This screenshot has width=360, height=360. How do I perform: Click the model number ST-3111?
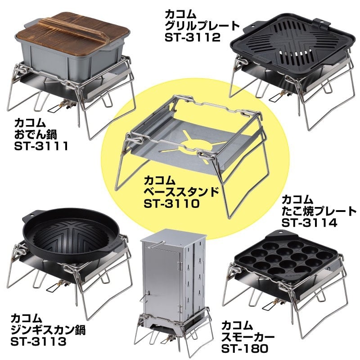coord(41,146)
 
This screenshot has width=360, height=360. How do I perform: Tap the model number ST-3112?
coord(193,37)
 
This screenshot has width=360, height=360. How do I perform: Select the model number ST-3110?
coord(172,203)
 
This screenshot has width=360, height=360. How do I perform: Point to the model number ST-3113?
coord(38,342)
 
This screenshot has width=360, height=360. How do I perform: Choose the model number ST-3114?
coord(309,222)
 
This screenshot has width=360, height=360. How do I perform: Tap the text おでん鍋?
coord(36,134)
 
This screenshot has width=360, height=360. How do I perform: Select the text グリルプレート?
coord(202,26)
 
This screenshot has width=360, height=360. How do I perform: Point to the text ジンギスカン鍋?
coord(48,330)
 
